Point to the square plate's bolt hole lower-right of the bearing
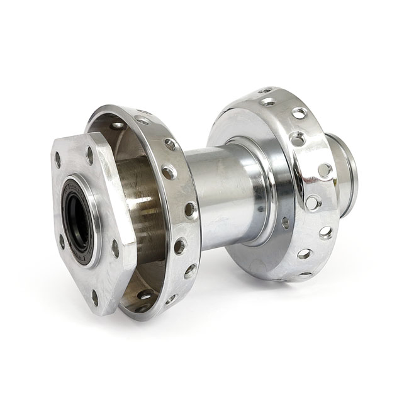pyautogui.click(x=115, y=248)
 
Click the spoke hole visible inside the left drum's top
pyautogui.click(x=118, y=125)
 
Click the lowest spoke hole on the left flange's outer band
pyautogui.click(x=144, y=308)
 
